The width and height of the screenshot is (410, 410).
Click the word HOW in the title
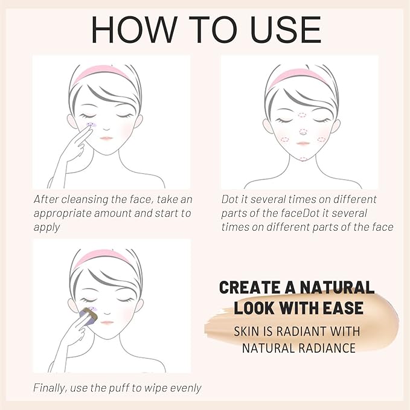(x=135, y=30)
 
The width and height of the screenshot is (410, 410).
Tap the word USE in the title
(x=286, y=30)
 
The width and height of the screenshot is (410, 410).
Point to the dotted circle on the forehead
(x=302, y=115)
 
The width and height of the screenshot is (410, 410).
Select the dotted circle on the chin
(x=304, y=159)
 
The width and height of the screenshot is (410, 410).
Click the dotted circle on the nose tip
(x=303, y=131)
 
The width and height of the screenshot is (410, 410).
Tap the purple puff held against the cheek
(x=88, y=316)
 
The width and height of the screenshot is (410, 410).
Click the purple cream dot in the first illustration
(x=91, y=125)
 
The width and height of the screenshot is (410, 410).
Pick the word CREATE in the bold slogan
(x=250, y=287)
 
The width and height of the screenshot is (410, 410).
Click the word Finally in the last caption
(x=50, y=388)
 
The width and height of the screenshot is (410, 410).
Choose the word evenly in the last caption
(x=186, y=388)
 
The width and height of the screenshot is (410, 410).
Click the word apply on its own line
(x=47, y=228)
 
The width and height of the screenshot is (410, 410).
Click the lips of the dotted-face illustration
(x=303, y=143)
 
